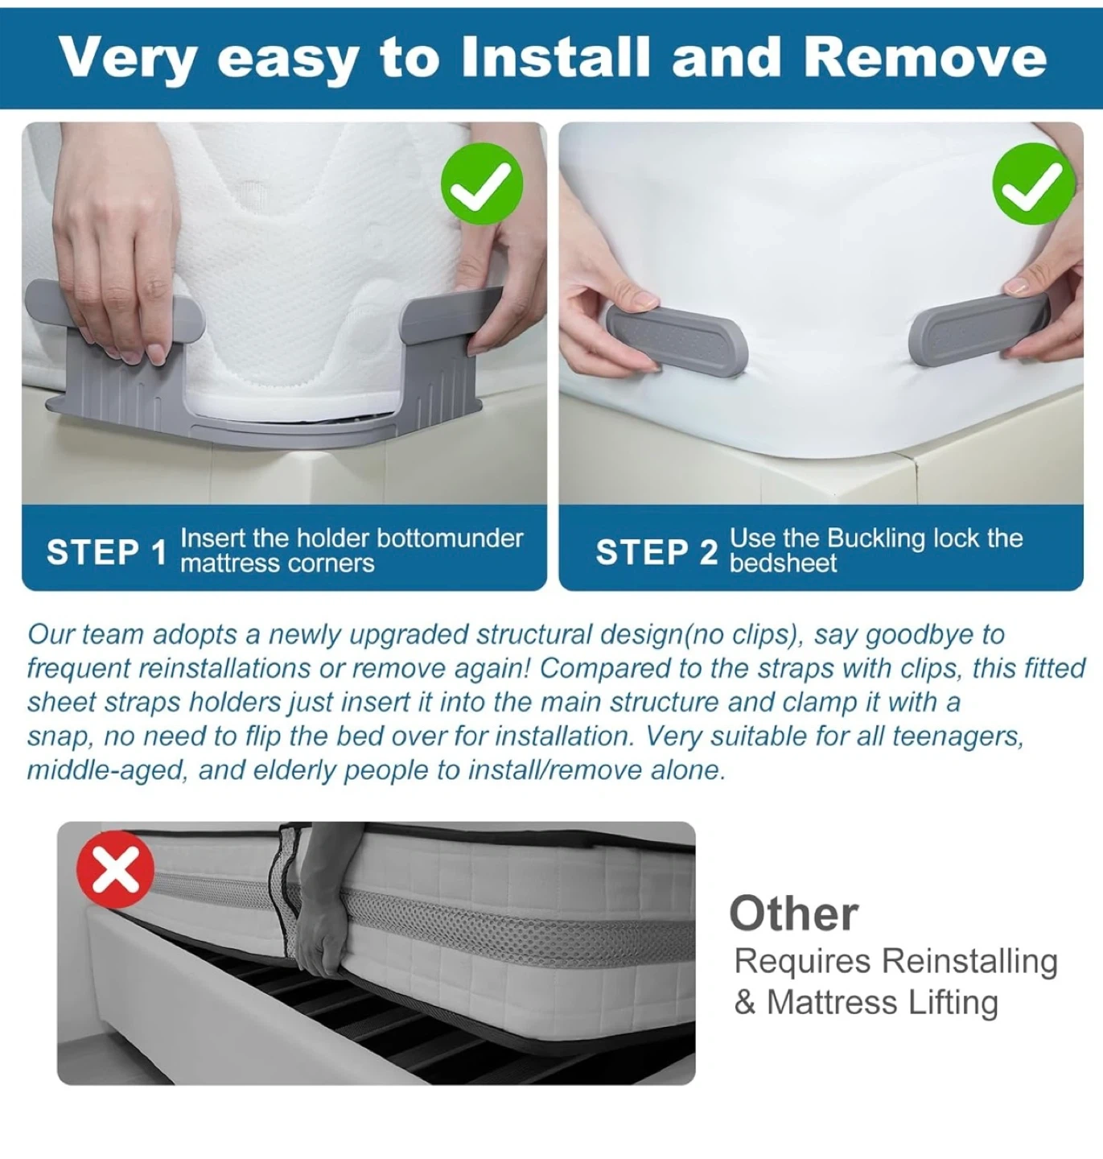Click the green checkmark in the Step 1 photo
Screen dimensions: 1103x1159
coord(482,184)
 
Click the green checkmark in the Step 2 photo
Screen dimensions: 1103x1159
coord(1034,184)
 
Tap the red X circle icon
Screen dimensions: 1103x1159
coord(116,869)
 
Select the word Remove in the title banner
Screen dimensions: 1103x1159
coord(924,57)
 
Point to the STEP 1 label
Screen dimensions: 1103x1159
coord(107,552)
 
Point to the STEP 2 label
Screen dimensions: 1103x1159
coord(656,552)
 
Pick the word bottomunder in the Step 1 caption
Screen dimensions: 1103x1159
coord(450,538)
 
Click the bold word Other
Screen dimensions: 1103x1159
coord(794,914)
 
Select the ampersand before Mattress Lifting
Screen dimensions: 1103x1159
coord(744,1002)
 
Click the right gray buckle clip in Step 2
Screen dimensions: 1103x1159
coord(978,329)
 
